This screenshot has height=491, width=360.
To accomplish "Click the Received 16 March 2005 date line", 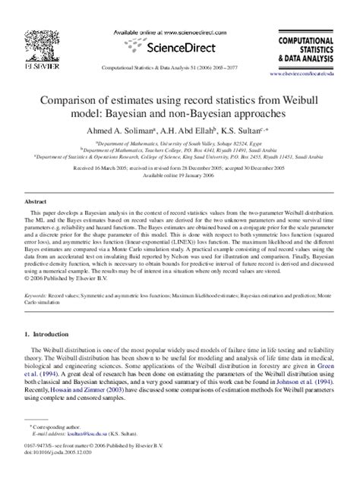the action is tap(180, 165).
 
